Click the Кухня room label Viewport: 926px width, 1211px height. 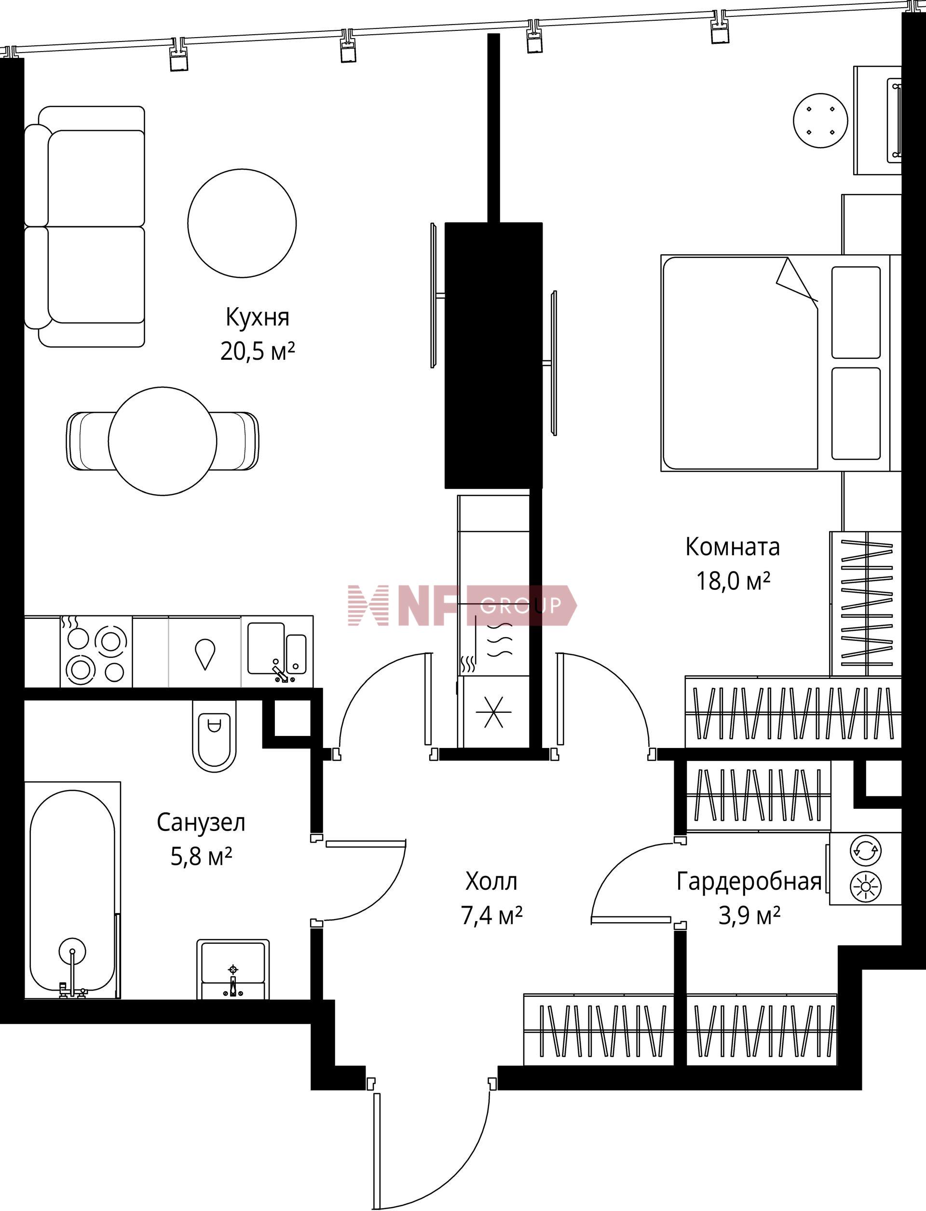[x=258, y=317]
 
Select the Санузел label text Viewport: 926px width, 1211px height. [x=201, y=822]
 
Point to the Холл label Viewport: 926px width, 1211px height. [x=491, y=882]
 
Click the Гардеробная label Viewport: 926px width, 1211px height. [x=749, y=882]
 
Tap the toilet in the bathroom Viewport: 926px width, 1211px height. [x=215, y=736]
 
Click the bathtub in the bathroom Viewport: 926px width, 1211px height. [x=72, y=890]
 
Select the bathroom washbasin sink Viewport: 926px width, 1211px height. [x=233, y=969]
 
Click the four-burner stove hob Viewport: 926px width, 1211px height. [x=96, y=652]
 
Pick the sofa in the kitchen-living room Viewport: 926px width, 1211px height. [x=85, y=227]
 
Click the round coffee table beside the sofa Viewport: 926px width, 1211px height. [x=242, y=223]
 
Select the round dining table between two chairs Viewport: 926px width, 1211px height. [x=163, y=440]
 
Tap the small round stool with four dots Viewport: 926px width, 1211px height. [x=821, y=120]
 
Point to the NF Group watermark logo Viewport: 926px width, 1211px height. [x=463, y=605]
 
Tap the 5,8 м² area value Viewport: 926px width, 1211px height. [x=201, y=857]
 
